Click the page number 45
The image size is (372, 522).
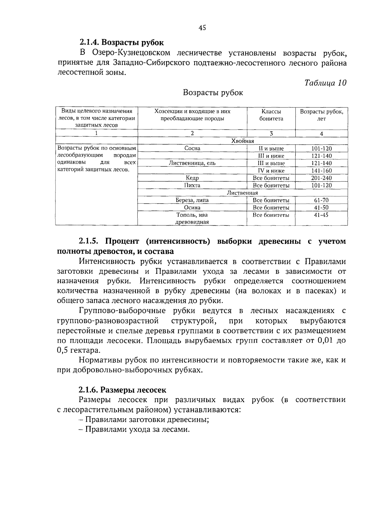pos(202,28)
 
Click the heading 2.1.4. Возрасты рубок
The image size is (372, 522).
pos(121,42)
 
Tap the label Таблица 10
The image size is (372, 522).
pos(325,83)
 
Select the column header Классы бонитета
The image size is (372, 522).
pos(271,115)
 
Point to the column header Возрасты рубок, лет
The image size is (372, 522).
pos(321,115)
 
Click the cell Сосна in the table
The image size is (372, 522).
pos(192,148)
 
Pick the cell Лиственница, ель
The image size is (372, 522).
pos(192,163)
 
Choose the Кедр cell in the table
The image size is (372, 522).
pos(192,178)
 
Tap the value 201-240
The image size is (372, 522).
pos(321,178)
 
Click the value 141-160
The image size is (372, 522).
pos(321,171)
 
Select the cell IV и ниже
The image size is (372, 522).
pos(271,171)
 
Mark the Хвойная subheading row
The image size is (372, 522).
pos(243,141)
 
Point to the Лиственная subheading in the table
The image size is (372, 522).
pos(242,193)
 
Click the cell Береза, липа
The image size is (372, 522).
pos(192,200)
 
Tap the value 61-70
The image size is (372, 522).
pos(321,200)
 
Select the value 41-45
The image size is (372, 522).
pos(321,215)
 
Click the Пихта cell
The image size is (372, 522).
pos(192,185)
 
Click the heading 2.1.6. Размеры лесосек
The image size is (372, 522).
pos(122,390)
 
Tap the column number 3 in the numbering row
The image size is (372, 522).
pos(271,134)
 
